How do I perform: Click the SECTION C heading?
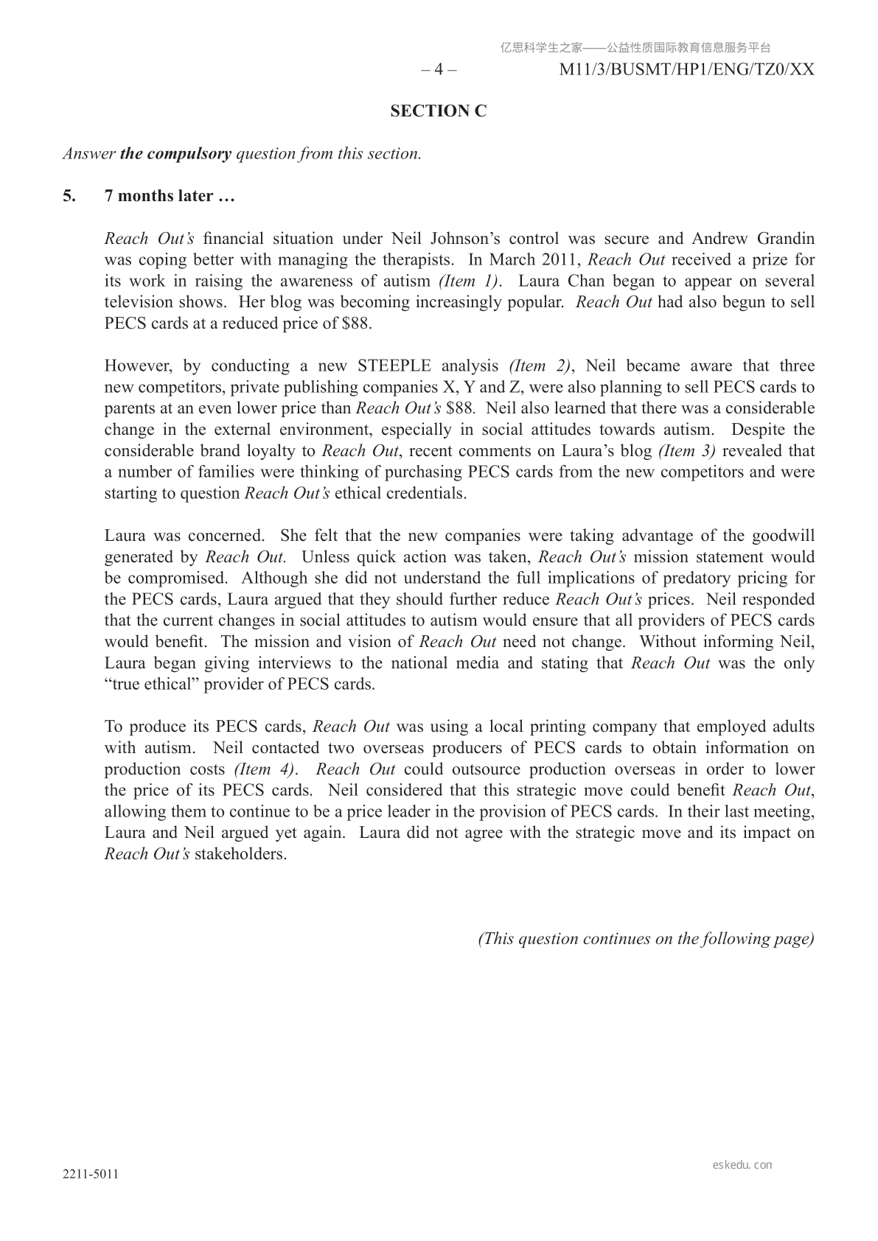click(439, 111)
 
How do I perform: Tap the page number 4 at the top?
click(439, 70)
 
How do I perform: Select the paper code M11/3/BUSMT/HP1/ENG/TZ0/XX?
click(687, 70)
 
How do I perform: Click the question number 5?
click(69, 196)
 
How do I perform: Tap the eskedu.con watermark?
click(742, 1165)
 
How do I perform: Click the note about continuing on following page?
click(646, 939)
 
